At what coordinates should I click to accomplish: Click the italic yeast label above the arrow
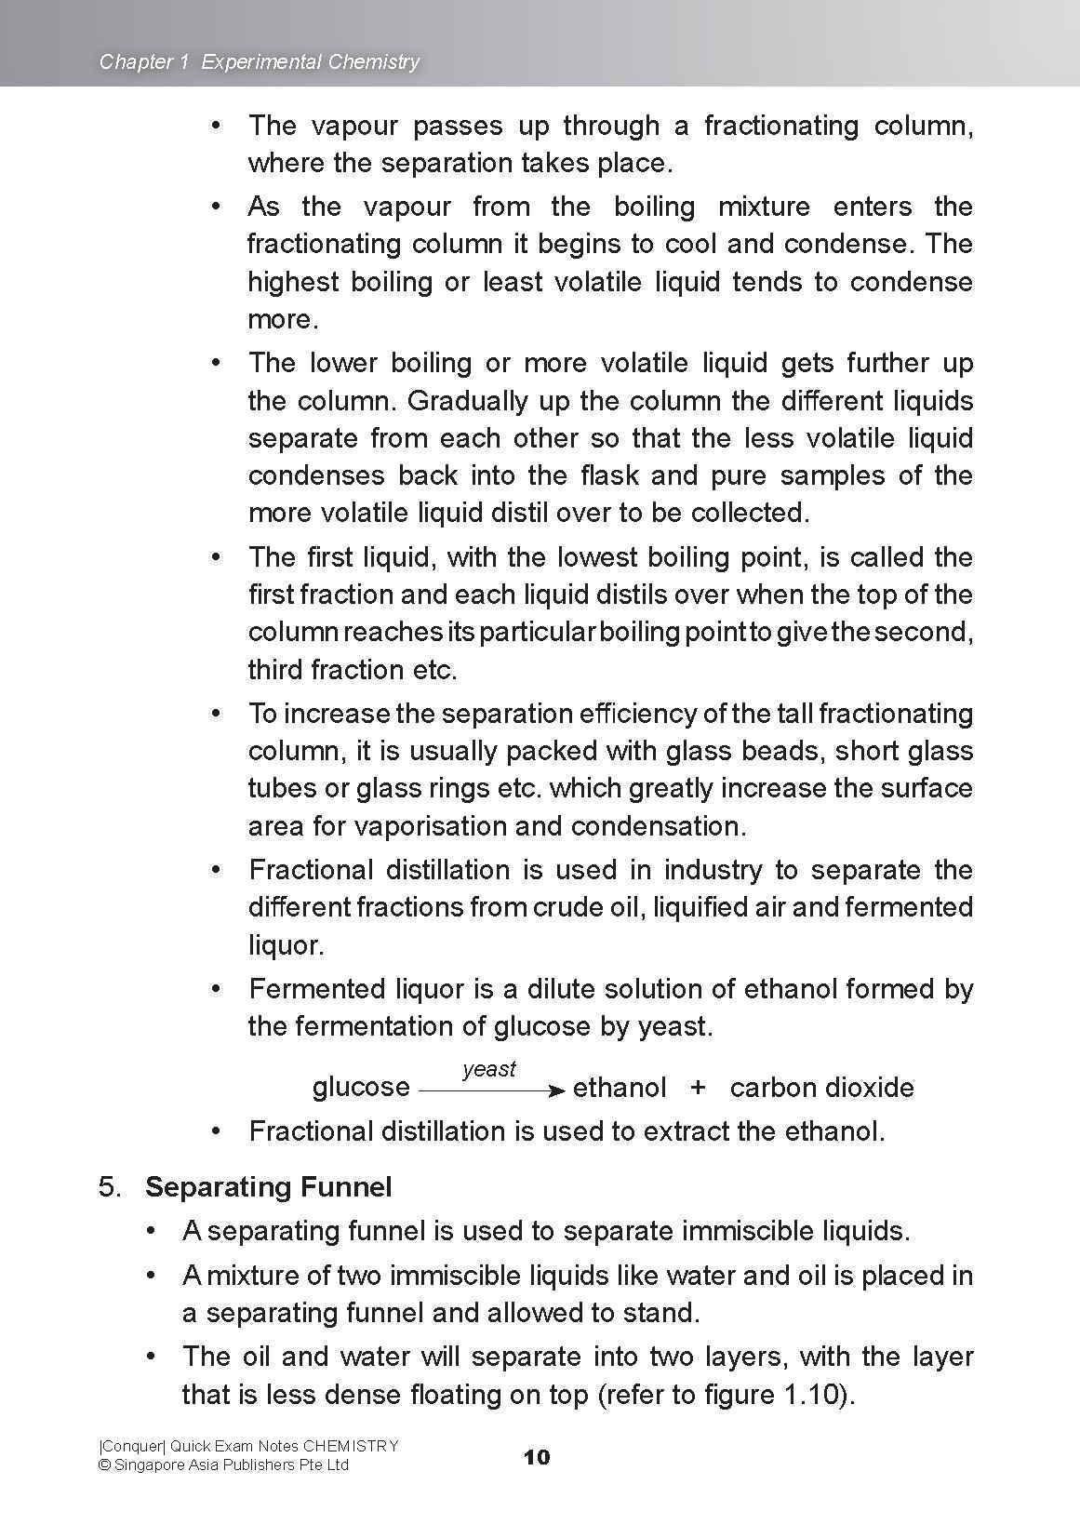[x=488, y=1070]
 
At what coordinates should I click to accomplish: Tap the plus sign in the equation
[x=699, y=1088]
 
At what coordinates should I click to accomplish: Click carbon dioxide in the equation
[x=821, y=1088]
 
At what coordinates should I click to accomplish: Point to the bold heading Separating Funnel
[x=268, y=1187]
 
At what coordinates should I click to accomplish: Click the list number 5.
[x=110, y=1187]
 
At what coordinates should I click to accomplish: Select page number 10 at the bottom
[x=537, y=1457]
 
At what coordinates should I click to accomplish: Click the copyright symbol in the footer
[x=104, y=1465]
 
